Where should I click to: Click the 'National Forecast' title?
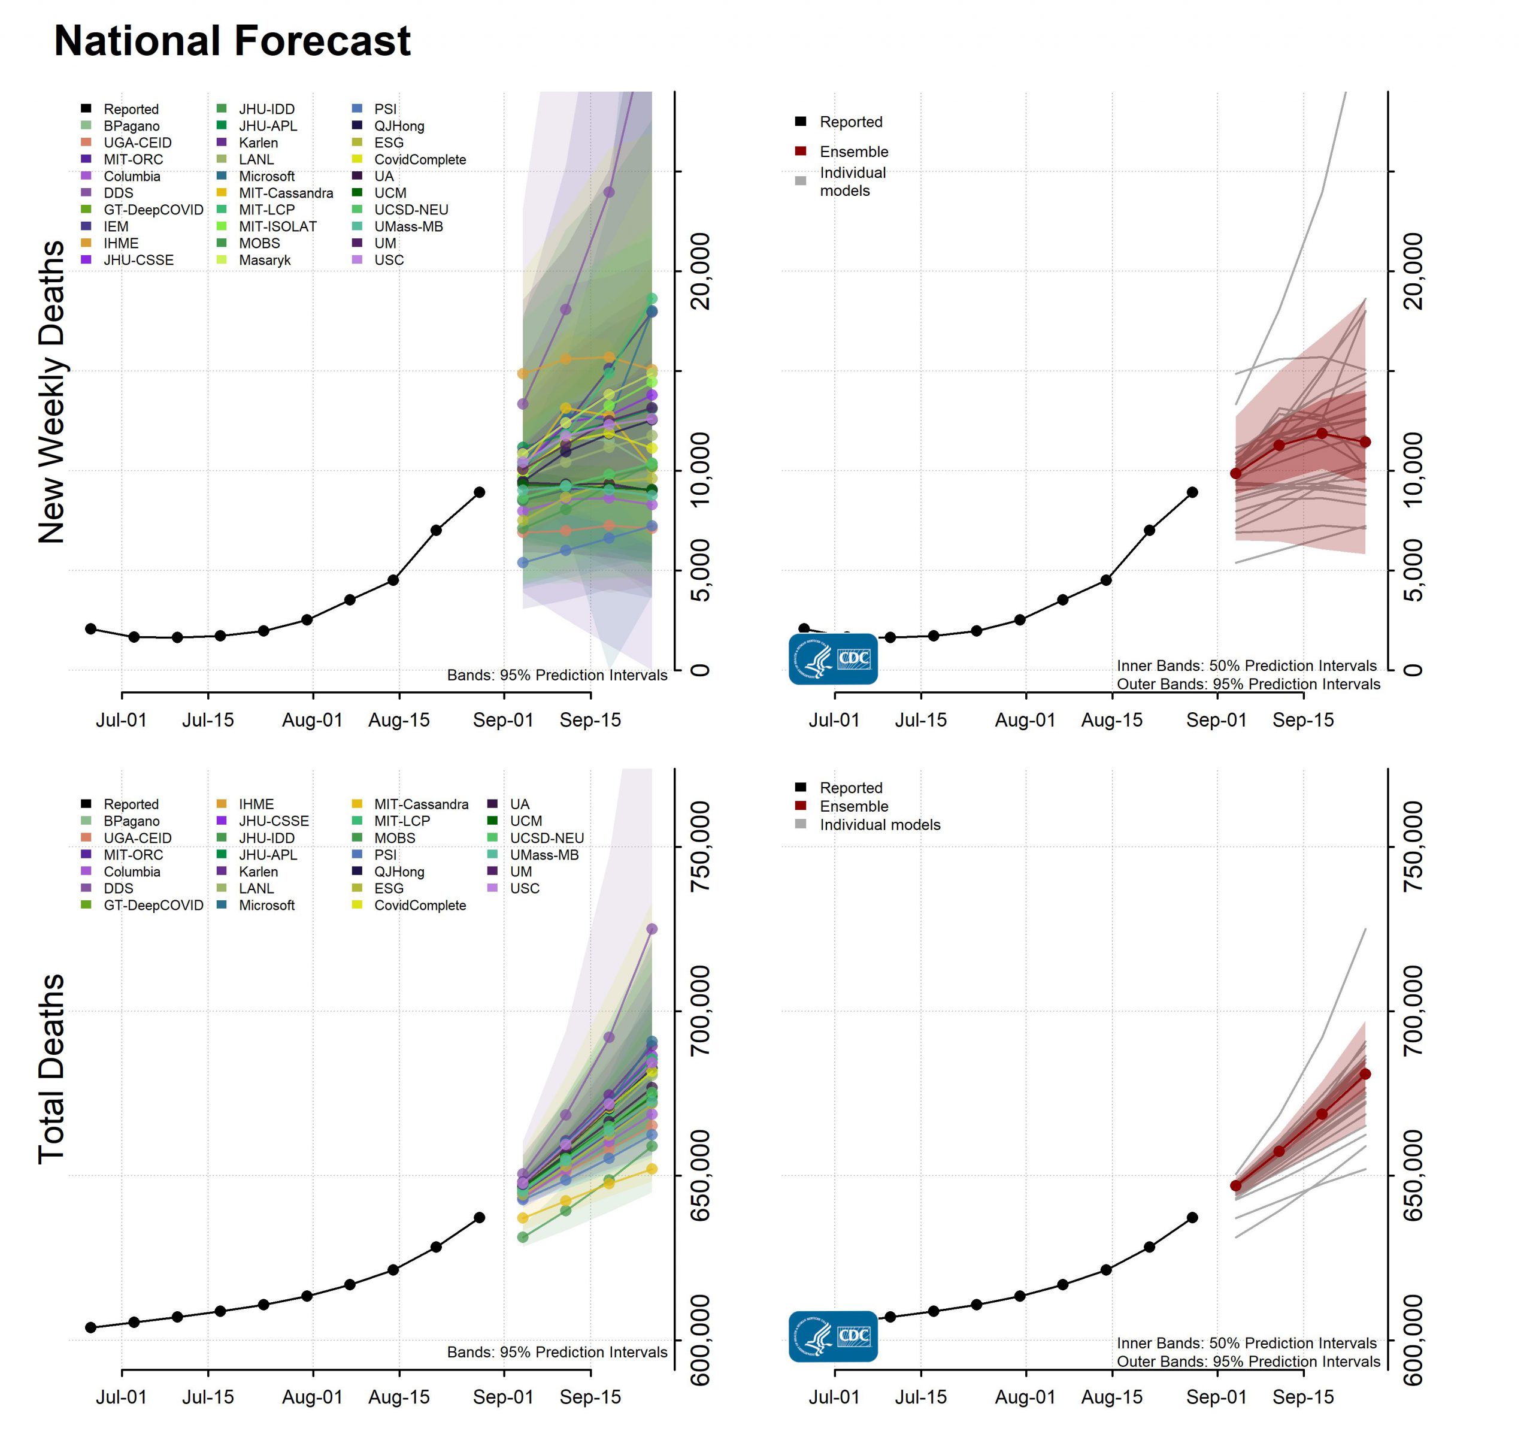click(x=232, y=41)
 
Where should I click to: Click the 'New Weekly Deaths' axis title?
click(x=51, y=392)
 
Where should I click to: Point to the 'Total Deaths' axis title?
click(x=51, y=1069)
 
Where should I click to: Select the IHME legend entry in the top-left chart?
click(x=121, y=243)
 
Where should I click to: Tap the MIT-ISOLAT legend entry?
click(x=277, y=226)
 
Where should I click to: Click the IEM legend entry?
click(x=116, y=226)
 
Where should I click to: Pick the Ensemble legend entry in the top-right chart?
click(x=853, y=151)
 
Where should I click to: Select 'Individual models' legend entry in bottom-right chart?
click(x=879, y=825)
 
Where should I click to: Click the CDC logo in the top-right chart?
click(x=833, y=659)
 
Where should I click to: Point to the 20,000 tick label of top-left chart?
click(x=700, y=271)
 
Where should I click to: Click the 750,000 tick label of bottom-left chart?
click(x=700, y=847)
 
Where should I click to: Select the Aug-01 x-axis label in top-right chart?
click(x=1025, y=721)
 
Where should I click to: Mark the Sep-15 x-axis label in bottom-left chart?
click(x=590, y=1397)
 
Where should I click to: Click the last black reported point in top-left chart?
click(x=480, y=492)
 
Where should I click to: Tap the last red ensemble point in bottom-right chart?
click(x=1365, y=1074)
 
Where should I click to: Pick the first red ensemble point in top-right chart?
click(x=1236, y=473)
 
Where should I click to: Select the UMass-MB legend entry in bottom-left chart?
click(x=544, y=855)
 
